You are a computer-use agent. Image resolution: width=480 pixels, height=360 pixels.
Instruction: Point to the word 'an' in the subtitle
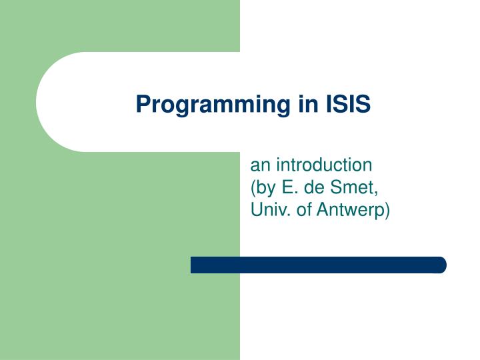coord(258,165)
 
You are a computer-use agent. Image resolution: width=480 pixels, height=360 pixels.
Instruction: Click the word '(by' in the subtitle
coord(262,187)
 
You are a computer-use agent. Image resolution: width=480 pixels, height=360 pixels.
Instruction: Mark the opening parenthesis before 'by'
coord(253,187)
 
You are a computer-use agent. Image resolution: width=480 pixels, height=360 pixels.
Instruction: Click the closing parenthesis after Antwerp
coord(388,210)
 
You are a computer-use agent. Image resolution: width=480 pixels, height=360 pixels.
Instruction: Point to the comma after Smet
coord(377,192)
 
